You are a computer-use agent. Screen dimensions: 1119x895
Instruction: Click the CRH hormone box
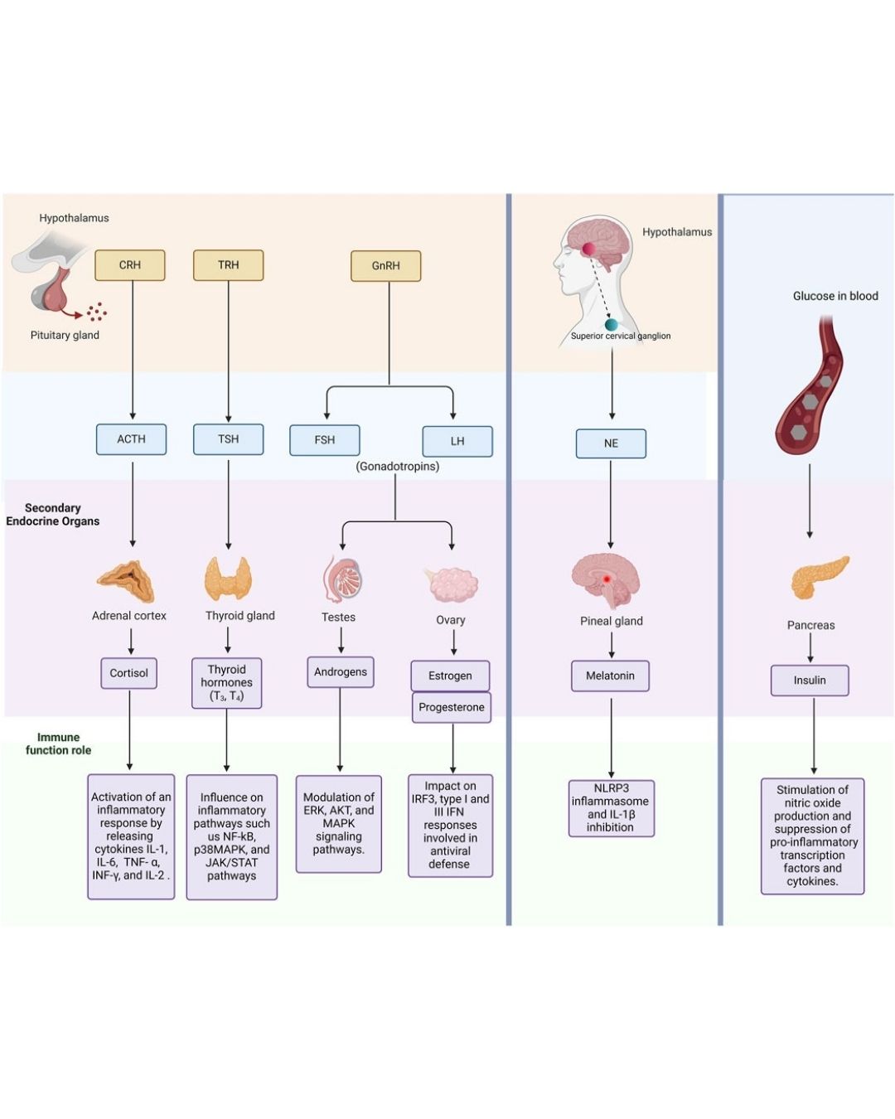tap(130, 265)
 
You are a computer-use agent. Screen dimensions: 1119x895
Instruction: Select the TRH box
tap(228, 265)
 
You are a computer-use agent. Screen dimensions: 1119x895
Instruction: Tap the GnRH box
tap(386, 266)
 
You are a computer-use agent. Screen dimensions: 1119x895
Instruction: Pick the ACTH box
tap(131, 439)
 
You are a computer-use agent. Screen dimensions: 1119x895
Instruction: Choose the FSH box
tap(325, 440)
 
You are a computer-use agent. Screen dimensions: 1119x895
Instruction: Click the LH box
tap(457, 441)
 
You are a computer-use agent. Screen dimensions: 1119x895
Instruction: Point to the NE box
tap(611, 443)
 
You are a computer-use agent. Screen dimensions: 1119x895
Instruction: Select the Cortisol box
tap(129, 673)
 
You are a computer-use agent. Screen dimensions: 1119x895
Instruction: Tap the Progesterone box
tap(452, 707)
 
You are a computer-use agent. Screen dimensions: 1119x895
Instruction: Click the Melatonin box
tap(610, 676)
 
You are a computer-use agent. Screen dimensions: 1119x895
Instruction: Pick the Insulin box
tap(810, 681)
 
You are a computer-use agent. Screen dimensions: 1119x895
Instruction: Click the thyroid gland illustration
tap(228, 578)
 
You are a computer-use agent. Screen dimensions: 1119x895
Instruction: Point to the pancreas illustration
tap(820, 577)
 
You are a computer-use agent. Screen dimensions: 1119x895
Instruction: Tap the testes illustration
tap(342, 578)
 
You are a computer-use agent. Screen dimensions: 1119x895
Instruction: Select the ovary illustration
tap(452, 584)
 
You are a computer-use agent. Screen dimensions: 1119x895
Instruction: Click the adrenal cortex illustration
tap(126, 579)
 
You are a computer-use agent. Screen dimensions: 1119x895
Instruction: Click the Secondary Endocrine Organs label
tap(53, 515)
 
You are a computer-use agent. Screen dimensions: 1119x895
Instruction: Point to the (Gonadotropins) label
tap(398, 467)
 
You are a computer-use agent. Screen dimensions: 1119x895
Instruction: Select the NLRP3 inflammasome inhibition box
tap(611, 808)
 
